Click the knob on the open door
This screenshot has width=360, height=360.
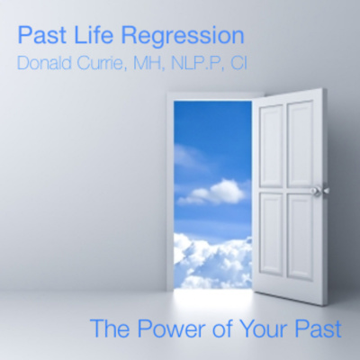coord(315,191)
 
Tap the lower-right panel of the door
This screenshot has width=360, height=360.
coord(301,236)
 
